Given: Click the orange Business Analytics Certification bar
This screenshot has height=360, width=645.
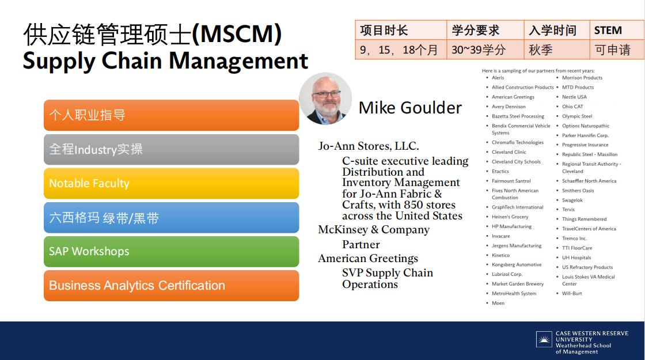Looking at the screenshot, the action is pos(171,286).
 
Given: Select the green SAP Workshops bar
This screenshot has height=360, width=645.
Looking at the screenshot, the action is pos(171,251).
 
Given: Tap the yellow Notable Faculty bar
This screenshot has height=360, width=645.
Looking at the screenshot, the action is pos(171,184).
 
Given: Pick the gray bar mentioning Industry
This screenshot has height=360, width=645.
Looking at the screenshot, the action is pos(171,149).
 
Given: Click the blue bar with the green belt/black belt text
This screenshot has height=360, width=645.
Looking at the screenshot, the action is pos(171,218).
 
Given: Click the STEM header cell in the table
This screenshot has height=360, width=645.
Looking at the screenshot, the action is pos(617,30).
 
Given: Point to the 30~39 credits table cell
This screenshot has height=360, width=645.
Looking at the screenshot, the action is pos(485,50).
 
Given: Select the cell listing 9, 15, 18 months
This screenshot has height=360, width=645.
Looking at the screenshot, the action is pos(401,50).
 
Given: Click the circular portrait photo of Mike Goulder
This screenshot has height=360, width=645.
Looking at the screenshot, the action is pos(326,98).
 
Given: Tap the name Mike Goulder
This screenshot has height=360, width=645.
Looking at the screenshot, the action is pos(410,108).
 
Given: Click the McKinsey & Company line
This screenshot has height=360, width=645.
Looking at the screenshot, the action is pos(374,230).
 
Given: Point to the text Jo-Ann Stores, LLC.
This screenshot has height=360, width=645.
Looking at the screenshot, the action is pos(368,146).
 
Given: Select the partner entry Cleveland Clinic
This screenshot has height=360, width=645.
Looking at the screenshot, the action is pos(509,152).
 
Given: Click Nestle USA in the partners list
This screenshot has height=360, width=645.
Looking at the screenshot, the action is pos(574,97).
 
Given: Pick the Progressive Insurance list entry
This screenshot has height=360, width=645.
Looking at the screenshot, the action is pos(585,145).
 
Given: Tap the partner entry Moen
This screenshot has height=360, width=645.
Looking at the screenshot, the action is pos(498,303).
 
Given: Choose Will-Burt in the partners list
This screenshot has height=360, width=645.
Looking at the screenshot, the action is pos(572,294).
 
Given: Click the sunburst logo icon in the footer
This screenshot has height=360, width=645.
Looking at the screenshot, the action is pos(544,339).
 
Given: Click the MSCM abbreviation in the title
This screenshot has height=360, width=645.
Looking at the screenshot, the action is pos(237,33).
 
